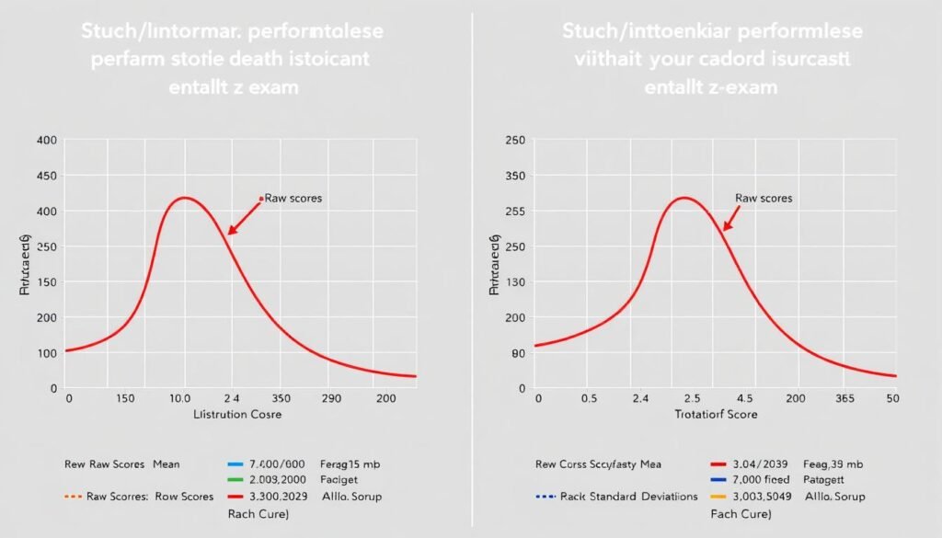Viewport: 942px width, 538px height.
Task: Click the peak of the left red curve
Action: coord(186,198)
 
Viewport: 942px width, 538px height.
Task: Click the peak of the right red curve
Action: coord(684,198)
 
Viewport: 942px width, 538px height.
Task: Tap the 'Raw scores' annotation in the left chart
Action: coord(293,198)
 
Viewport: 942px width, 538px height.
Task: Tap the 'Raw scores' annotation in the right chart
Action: coord(764,198)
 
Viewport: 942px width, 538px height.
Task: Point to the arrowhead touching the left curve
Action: coord(231,232)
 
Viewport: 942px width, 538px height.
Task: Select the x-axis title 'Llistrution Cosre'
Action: coord(236,415)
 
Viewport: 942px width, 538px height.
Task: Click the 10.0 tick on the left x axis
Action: coord(179,399)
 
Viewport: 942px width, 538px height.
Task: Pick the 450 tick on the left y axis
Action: coord(46,176)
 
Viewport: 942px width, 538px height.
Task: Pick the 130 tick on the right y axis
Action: coord(517,282)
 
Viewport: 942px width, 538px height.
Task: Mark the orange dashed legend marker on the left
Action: coord(73,497)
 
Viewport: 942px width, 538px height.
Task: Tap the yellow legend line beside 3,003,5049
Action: coord(720,497)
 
